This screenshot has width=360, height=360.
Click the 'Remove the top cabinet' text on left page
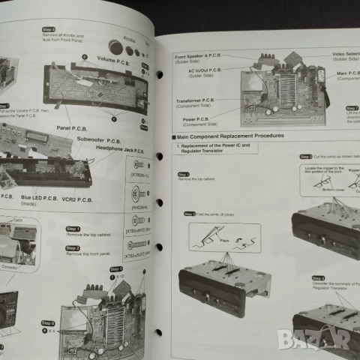pos(89,235)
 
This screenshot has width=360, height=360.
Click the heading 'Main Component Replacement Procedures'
pos(230,136)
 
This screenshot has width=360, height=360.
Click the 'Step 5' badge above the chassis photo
pos(115,268)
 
